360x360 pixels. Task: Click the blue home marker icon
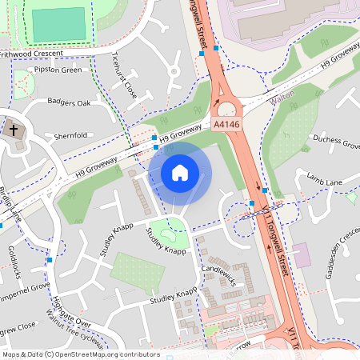[180, 173]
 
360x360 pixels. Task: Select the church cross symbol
[14, 128]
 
